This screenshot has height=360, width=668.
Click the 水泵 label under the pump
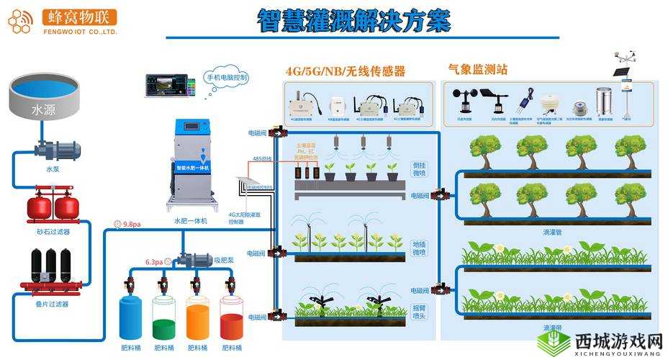[53, 169]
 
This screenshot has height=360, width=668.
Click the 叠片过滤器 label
[53, 304]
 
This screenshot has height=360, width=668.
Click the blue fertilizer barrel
[130, 318]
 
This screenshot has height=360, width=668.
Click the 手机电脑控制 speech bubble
[227, 77]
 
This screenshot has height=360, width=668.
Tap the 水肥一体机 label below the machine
[191, 220]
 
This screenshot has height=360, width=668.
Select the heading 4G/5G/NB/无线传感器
[345, 71]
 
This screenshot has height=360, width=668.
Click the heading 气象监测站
[477, 70]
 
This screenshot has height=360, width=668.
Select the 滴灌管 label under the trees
[553, 232]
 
